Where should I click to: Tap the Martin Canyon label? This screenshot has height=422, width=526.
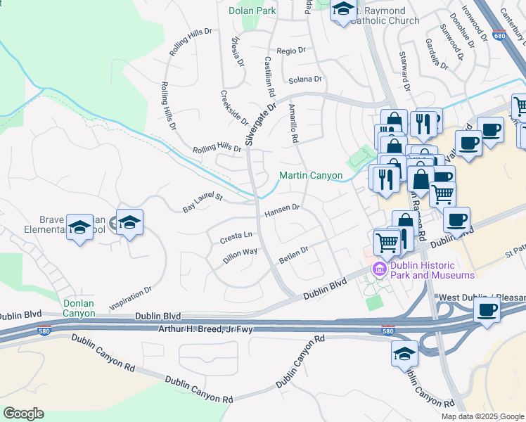(310, 175)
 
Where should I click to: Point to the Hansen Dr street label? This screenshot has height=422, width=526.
(282, 210)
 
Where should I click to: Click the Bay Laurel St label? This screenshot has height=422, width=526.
(203, 203)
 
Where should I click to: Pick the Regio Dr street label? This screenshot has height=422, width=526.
(291, 51)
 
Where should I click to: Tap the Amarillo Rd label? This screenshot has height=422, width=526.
(293, 123)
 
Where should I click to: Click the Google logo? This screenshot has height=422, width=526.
(23, 414)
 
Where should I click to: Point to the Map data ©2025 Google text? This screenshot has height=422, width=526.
(482, 416)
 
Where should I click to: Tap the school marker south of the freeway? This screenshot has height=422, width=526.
(404, 353)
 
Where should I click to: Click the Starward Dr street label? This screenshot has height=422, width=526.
(404, 71)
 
